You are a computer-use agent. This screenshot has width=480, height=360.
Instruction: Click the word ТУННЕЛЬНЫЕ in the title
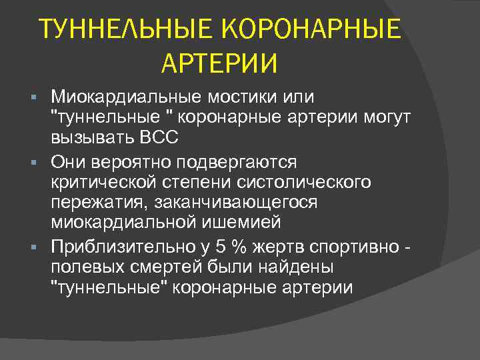tap(126, 30)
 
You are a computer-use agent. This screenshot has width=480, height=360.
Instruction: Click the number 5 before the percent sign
tap(221, 247)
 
